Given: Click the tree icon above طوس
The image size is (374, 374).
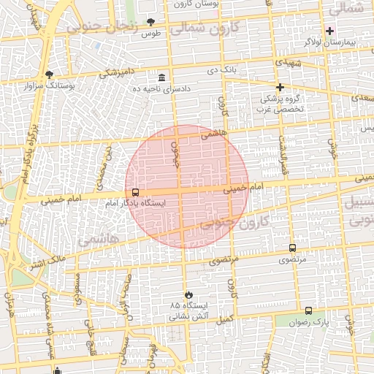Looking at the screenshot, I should [151, 22].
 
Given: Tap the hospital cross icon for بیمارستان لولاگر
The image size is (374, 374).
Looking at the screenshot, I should [329, 31].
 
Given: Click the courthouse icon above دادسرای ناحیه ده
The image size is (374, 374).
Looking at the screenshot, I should [161, 77].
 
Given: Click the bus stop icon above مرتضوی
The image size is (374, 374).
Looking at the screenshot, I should [293, 248].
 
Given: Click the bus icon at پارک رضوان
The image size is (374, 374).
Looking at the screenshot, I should [308, 310].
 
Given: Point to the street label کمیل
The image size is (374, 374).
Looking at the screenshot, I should [224, 318].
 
